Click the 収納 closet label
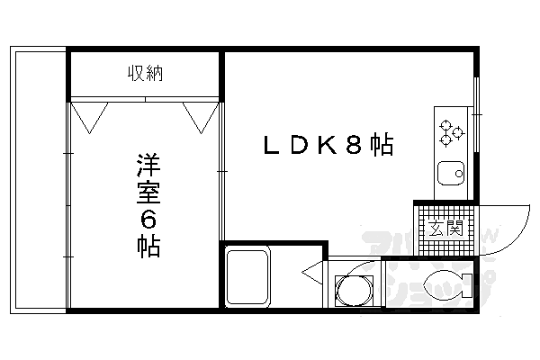click(144, 73)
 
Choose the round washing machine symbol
click(352, 289)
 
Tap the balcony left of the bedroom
click(39, 180)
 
